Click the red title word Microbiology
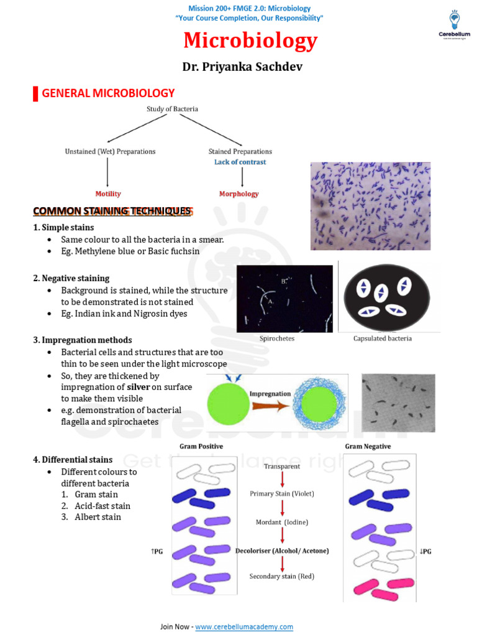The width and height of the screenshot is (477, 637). [250, 41]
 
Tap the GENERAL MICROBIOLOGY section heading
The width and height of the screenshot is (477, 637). [108, 93]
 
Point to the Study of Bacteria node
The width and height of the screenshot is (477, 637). [172, 109]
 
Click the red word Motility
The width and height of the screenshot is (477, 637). [108, 194]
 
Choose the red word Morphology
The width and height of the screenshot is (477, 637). [238, 194]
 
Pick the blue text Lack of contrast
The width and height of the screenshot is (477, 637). [240, 162]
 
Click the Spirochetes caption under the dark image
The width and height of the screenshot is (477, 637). [276, 338]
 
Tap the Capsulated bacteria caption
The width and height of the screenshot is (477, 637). [382, 338]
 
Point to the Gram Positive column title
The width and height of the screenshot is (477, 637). [201, 447]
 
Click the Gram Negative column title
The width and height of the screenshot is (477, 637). [368, 447]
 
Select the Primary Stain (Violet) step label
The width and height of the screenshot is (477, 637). [282, 493]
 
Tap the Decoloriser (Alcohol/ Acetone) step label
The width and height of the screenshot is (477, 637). [282, 551]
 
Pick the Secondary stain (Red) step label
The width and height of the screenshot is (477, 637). [282, 576]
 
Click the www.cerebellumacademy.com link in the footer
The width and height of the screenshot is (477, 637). [244, 626]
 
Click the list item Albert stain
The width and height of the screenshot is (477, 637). [98, 517]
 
